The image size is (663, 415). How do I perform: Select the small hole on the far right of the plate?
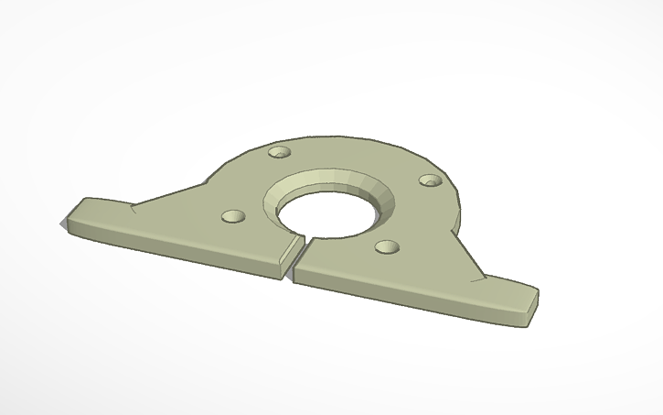(430, 180)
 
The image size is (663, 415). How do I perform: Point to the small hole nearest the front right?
(388, 247)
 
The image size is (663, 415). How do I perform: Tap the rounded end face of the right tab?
(531, 306)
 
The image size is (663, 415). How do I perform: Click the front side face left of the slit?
(183, 249)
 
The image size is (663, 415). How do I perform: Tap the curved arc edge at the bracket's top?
(366, 143)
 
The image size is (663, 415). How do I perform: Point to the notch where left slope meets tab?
(134, 208)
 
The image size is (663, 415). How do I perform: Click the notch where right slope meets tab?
(477, 275)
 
